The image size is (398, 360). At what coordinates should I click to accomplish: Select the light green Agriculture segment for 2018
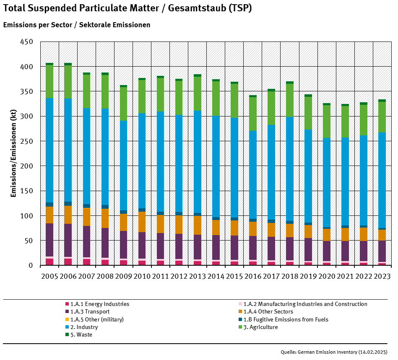(x=289, y=101)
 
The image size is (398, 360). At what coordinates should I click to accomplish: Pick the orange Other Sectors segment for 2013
(x=197, y=225)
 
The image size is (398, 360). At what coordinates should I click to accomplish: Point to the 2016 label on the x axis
(x=252, y=277)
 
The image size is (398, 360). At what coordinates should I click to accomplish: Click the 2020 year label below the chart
(x=326, y=277)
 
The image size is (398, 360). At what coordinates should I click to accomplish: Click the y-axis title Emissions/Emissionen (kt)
(x=13, y=153)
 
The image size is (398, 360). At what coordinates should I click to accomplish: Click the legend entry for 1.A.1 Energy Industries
(x=99, y=304)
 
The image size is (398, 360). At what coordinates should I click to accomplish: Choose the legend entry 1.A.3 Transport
(x=90, y=312)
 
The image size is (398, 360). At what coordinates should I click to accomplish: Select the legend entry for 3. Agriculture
(x=260, y=327)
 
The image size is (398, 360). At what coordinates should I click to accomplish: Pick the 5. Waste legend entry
(x=81, y=335)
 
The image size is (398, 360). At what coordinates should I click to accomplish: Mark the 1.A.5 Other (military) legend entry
(x=97, y=320)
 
